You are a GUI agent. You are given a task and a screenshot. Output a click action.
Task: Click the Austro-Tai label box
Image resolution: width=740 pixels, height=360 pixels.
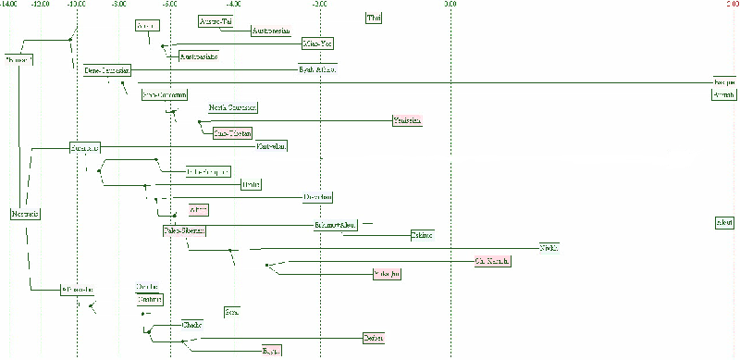(x=215, y=21)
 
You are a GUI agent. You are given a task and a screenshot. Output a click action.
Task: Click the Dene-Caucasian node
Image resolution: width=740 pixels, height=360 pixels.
(x=106, y=70)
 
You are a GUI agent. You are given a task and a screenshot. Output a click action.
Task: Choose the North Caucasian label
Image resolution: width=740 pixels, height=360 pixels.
(x=233, y=107)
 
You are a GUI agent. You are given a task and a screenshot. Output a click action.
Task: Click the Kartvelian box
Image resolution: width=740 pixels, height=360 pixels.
(x=272, y=145)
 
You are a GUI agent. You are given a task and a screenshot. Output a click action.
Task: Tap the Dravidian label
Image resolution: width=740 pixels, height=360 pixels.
(x=317, y=197)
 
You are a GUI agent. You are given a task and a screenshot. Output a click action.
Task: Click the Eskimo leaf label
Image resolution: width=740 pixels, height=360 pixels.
(x=423, y=235)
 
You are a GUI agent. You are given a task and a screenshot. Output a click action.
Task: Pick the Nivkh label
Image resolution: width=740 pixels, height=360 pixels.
(x=549, y=247)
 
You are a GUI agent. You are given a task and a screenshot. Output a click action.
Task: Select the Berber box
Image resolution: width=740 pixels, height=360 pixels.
(x=373, y=338)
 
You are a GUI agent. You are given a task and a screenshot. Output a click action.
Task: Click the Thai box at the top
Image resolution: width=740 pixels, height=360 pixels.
(x=374, y=18)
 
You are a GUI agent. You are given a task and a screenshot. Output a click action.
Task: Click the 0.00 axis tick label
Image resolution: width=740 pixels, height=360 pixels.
(x=449, y=4)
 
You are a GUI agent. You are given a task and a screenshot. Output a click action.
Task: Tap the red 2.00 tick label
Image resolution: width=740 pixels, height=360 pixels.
(x=731, y=4)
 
